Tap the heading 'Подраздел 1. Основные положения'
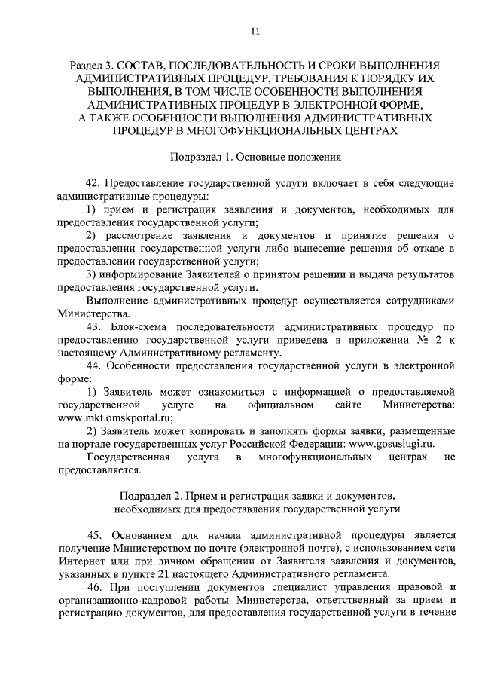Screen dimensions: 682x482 click(255, 158)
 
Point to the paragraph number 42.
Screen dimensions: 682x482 click(94, 184)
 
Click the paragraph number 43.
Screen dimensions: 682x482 click(94, 328)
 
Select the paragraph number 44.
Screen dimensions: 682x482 click(94, 367)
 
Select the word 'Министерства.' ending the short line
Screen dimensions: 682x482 click(93, 314)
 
